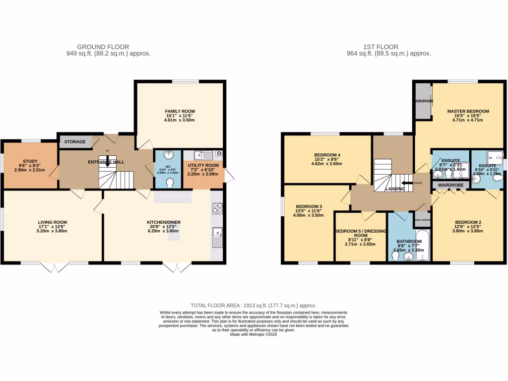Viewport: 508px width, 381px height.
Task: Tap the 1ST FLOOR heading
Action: click(x=388, y=47)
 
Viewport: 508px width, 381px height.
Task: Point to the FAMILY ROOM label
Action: click(x=180, y=111)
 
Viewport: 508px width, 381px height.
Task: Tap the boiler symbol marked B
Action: click(x=219, y=154)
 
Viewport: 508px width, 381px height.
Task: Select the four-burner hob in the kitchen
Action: click(x=217, y=208)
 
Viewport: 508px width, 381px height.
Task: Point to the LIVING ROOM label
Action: click(x=53, y=222)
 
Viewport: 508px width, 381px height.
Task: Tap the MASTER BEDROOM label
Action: click(x=468, y=111)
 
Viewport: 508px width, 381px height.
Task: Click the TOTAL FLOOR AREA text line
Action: click(x=254, y=306)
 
